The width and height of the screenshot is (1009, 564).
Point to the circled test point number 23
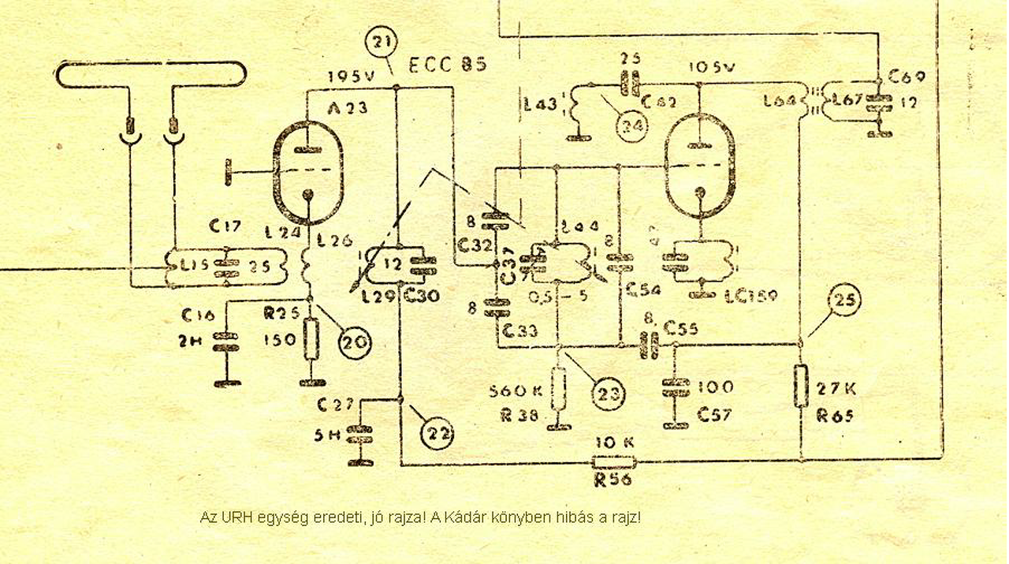(x=608, y=392)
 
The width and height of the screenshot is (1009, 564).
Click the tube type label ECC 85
(x=448, y=65)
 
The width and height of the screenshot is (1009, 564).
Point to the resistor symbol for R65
(x=801, y=386)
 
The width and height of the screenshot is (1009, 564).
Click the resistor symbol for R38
(x=559, y=390)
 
